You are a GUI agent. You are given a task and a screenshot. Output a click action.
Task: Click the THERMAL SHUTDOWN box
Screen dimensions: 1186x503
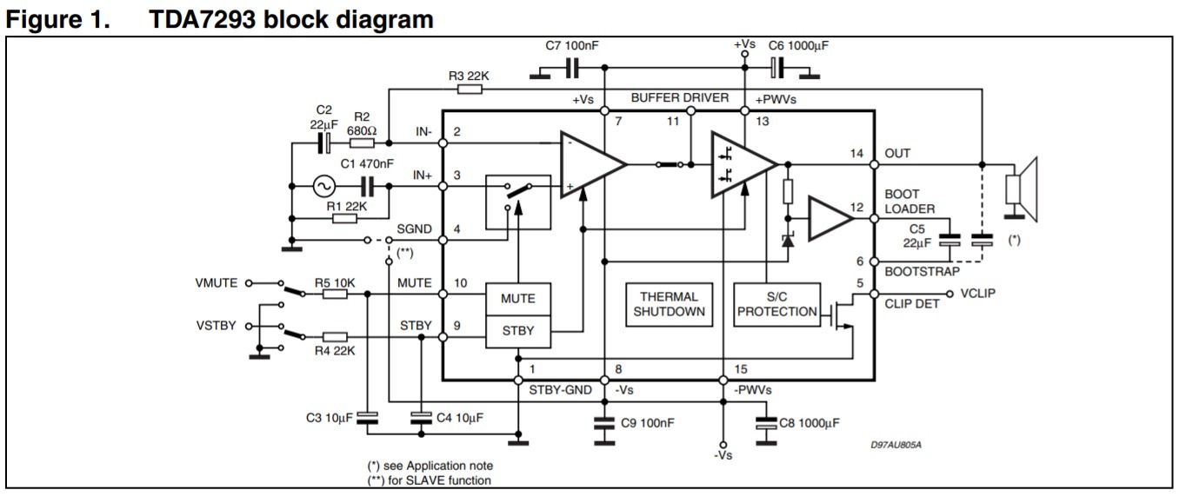[x=669, y=304]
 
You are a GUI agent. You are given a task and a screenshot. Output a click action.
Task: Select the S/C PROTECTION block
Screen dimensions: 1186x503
[x=776, y=304]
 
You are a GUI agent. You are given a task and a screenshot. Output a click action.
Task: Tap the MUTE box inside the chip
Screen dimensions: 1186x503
[x=518, y=299]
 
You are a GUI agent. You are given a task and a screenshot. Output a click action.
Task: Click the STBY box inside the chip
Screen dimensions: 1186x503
[x=518, y=332]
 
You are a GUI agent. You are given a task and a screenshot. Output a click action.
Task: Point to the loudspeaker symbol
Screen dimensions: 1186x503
[x=1022, y=189]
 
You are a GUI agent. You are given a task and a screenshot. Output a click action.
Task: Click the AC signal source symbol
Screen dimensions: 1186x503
[x=323, y=186]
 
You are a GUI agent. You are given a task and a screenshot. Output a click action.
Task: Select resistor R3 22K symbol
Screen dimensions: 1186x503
[x=470, y=89]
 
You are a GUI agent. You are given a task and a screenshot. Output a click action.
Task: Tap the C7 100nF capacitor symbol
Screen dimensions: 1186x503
[x=572, y=68]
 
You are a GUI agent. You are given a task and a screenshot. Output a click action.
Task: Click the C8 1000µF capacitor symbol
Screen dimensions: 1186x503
[x=766, y=423]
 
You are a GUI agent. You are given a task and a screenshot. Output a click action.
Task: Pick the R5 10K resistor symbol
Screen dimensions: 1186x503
[x=335, y=294]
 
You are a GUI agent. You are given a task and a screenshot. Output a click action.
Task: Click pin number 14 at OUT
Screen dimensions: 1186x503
[x=856, y=154]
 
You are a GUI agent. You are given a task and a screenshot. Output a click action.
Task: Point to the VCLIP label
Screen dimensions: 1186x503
[x=978, y=294]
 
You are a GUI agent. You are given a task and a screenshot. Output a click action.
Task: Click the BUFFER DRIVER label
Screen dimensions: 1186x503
[x=680, y=98]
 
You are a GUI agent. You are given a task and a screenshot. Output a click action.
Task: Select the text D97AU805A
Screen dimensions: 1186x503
[x=896, y=446]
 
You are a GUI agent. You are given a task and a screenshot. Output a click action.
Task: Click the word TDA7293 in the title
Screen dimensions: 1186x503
[x=203, y=20]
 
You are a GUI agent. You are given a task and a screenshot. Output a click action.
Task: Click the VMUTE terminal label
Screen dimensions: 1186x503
[x=216, y=283]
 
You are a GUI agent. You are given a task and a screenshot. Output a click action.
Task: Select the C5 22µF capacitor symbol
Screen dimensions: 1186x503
[x=949, y=240]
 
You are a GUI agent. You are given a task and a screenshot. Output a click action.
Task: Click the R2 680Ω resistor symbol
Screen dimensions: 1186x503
[x=363, y=142]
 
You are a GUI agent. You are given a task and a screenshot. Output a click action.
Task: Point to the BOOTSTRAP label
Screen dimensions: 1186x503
[x=922, y=272]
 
